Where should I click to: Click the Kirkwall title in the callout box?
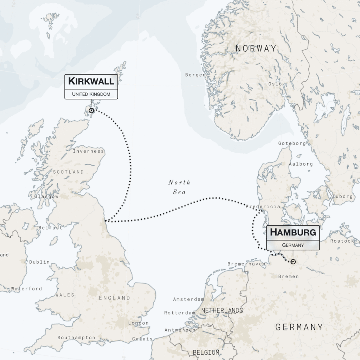pyautogui.click(x=91, y=81)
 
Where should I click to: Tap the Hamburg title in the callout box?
pyautogui.click(x=293, y=232)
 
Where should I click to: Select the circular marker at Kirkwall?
pyautogui.click(x=91, y=110)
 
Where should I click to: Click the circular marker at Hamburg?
pyautogui.click(x=293, y=262)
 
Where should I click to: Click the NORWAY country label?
pyautogui.click(x=256, y=49)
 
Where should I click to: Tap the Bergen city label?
pyautogui.click(x=195, y=75)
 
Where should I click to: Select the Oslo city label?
pyautogui.click(x=275, y=84)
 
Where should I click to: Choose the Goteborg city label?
pyautogui.click(x=292, y=143)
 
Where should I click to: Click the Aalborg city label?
pyautogui.click(x=301, y=164)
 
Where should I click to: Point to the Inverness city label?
pyautogui.click(x=88, y=151)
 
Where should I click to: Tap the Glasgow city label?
pyautogui.click(x=46, y=197)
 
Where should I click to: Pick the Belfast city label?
pyautogui.click(x=50, y=228)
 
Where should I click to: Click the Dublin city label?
pyautogui.click(x=39, y=262)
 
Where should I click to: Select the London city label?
pyautogui.click(x=138, y=323)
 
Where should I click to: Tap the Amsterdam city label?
pyautogui.click(x=188, y=299)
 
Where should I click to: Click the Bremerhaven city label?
pyautogui.click(x=246, y=264)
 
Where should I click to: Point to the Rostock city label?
pyautogui.click(x=342, y=241)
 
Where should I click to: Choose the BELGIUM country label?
pyautogui.click(x=206, y=352)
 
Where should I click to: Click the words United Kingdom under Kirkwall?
pyautogui.click(x=91, y=94)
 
